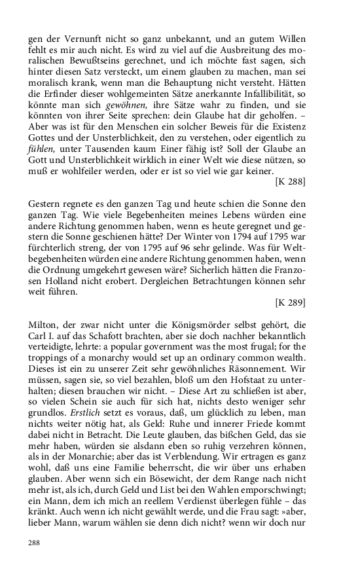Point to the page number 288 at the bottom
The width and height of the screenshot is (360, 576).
(35, 543)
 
